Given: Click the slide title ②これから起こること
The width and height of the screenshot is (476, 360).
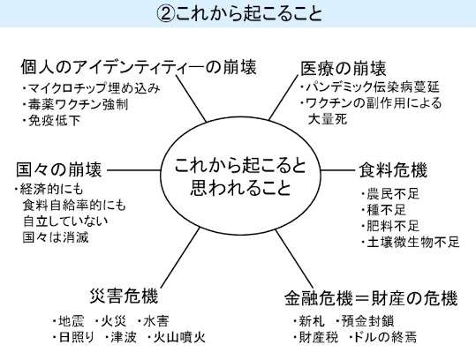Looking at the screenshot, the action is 239,13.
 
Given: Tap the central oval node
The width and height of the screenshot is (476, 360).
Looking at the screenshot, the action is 240,176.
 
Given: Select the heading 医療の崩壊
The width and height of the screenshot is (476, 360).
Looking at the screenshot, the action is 344,68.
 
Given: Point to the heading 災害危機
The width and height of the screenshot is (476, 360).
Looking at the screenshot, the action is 125,296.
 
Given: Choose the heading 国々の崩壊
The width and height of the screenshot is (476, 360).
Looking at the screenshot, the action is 59,169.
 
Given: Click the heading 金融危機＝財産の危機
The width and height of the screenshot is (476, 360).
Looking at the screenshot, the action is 371,298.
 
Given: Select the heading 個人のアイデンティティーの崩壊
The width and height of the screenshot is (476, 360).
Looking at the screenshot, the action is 139,67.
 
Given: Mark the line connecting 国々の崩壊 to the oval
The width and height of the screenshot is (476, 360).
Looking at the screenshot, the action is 134,170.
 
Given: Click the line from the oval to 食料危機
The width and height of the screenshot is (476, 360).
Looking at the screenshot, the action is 338,170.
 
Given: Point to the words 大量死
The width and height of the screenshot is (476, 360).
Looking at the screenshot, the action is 328,119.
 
